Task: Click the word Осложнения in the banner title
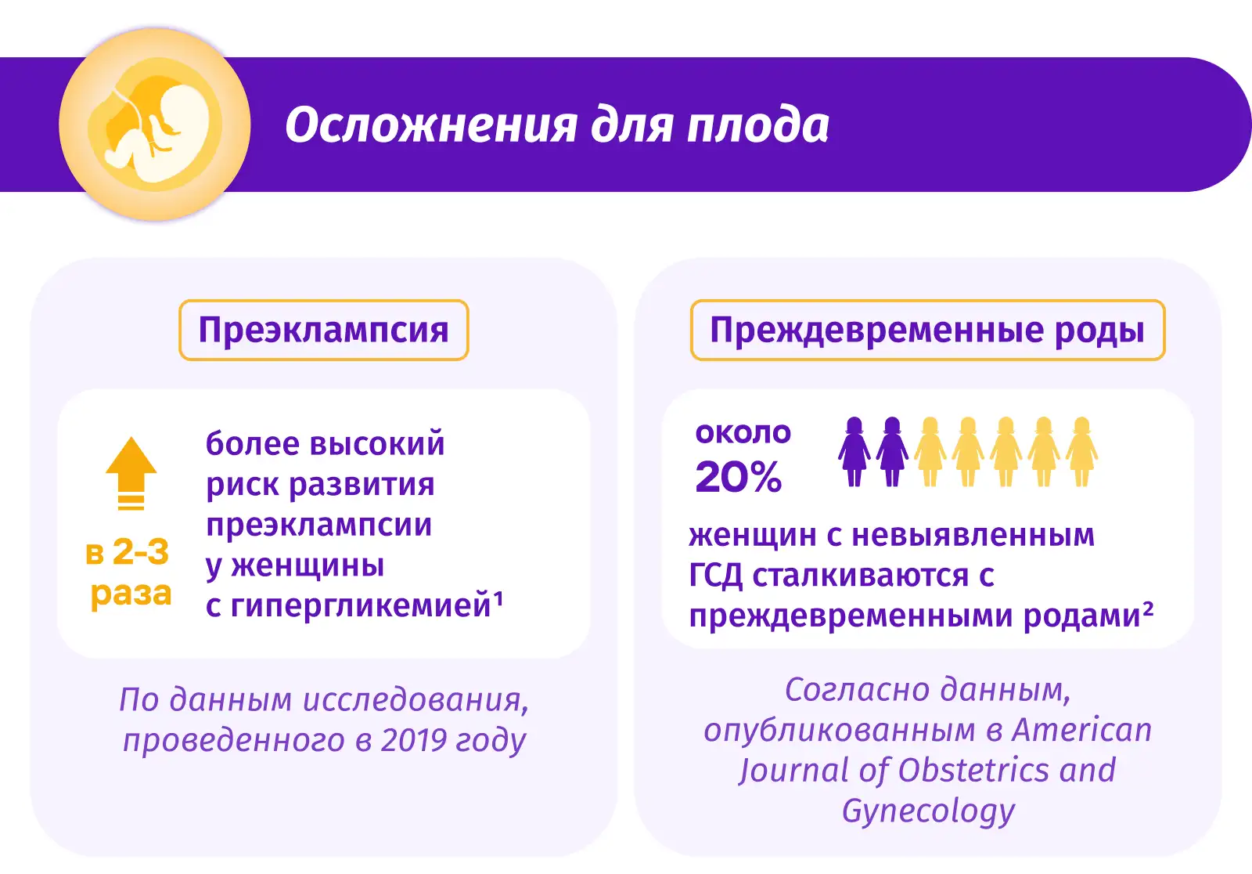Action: pyautogui.click(x=431, y=125)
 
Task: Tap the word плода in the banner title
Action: pyautogui.click(x=757, y=125)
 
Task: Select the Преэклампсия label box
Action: pyautogui.click(x=324, y=330)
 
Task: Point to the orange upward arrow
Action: pyautogui.click(x=131, y=473)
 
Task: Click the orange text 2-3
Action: pyautogui.click(x=141, y=551)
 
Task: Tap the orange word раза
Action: pyautogui.click(x=131, y=593)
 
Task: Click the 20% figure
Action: pyautogui.click(x=739, y=477)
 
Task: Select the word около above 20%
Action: pyautogui.click(x=743, y=433)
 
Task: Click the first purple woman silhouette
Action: pyautogui.click(x=854, y=452)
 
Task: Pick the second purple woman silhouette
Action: pyautogui.click(x=892, y=452)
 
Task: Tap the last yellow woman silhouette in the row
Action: pyautogui.click(x=1081, y=452)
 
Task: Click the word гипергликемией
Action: pyautogui.click(x=361, y=607)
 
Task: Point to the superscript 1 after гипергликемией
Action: pyautogui.click(x=498, y=599)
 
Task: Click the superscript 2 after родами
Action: pyautogui.click(x=1148, y=609)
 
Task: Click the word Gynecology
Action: pyautogui.click(x=928, y=811)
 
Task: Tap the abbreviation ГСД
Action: pyautogui.click(x=715, y=575)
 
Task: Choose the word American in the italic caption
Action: pyautogui.click(x=1082, y=730)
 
